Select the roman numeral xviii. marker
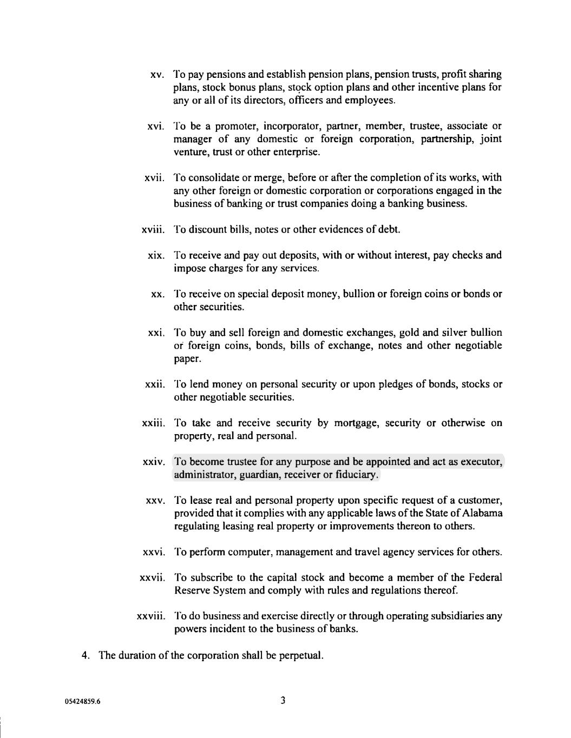153,230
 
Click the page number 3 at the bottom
283,701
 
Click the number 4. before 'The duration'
86,656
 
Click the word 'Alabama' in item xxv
484,513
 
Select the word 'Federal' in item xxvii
485,577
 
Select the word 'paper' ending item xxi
187,359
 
